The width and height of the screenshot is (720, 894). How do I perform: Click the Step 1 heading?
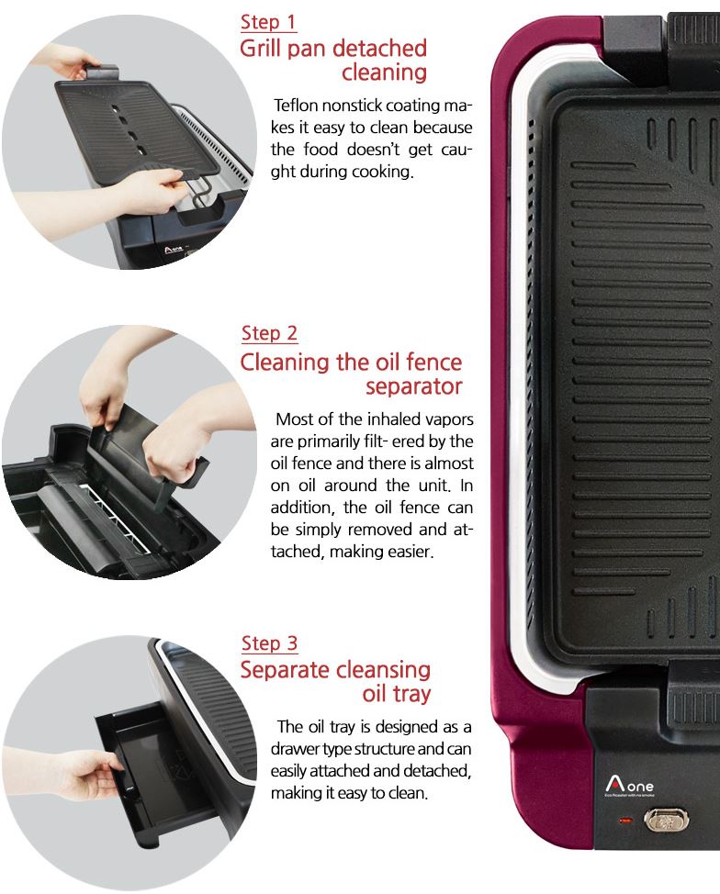tap(268, 22)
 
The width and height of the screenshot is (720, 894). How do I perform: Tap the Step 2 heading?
tap(269, 333)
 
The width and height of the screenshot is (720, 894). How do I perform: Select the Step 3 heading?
tap(269, 643)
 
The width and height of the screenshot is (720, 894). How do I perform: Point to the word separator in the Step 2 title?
tap(413, 386)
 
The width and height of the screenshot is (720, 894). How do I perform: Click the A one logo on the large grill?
tap(630, 786)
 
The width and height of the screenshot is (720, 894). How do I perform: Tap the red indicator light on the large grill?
tap(625, 821)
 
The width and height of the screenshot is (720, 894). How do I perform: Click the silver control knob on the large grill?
tap(667, 821)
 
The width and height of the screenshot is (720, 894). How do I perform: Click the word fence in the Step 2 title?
tap(433, 362)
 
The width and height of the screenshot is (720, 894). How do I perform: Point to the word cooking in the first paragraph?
tap(382, 172)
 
